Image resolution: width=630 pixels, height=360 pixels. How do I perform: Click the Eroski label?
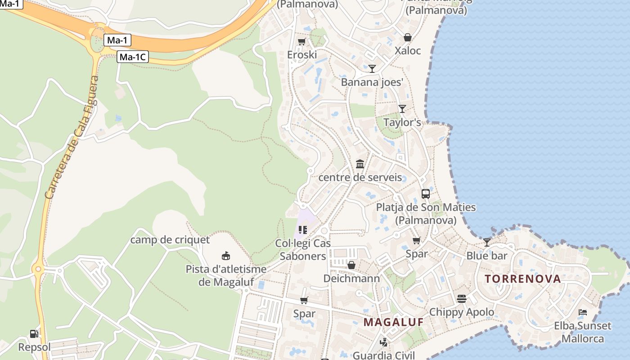click(x=302, y=55)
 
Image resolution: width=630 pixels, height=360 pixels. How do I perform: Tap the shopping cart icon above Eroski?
click(x=302, y=42)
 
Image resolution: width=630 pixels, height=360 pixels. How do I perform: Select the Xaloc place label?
click(x=408, y=50)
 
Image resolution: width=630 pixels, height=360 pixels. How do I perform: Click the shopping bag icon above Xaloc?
click(x=408, y=37)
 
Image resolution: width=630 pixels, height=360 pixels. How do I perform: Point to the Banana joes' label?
click(x=372, y=82)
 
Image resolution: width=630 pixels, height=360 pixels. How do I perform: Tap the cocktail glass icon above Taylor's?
click(x=402, y=109)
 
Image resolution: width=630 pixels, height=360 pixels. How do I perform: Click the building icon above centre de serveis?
click(x=360, y=164)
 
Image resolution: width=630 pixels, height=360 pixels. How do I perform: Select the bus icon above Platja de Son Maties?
click(x=426, y=194)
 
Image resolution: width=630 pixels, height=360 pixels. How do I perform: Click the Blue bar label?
click(x=486, y=256)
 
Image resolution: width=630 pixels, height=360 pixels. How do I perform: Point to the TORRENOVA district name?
click(x=523, y=279)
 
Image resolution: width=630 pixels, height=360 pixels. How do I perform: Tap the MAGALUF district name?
click(x=394, y=322)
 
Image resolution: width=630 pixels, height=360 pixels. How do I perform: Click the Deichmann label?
click(x=351, y=279)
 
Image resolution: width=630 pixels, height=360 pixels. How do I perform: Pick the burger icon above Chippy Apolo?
click(x=462, y=298)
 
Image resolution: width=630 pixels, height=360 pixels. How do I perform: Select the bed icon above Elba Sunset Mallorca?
click(x=583, y=312)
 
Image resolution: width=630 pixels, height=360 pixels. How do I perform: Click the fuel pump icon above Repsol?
click(x=34, y=334)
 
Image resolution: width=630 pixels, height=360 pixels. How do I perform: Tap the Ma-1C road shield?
click(x=133, y=57)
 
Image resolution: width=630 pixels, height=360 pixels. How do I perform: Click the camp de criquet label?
click(x=170, y=240)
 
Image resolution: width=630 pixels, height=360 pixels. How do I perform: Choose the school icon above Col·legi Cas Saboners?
click(x=303, y=230)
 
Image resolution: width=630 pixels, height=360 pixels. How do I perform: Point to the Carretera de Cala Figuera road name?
click(x=72, y=138)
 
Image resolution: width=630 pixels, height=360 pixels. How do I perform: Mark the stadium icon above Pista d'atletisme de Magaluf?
click(x=226, y=256)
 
